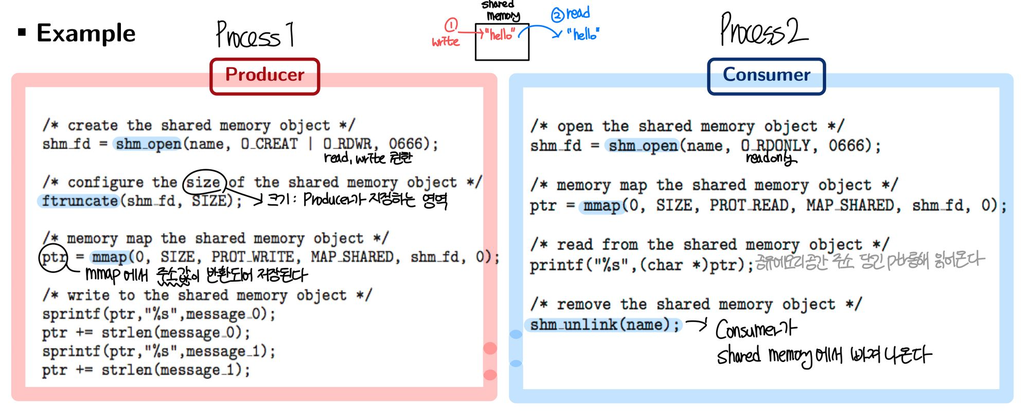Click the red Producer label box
pos(264,76)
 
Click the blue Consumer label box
pos(766,76)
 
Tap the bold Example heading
pos(85,33)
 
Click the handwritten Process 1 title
pos(255,35)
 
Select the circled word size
pos(204,183)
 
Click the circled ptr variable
pos(54,257)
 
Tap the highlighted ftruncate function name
pos(80,201)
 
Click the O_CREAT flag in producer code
pos(269,144)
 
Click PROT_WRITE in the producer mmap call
pos(252,257)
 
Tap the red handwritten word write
pos(445,42)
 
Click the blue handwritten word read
pos(578,13)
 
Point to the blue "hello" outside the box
pos(583,34)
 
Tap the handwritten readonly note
pos(771,158)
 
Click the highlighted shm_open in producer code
pos(148,144)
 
